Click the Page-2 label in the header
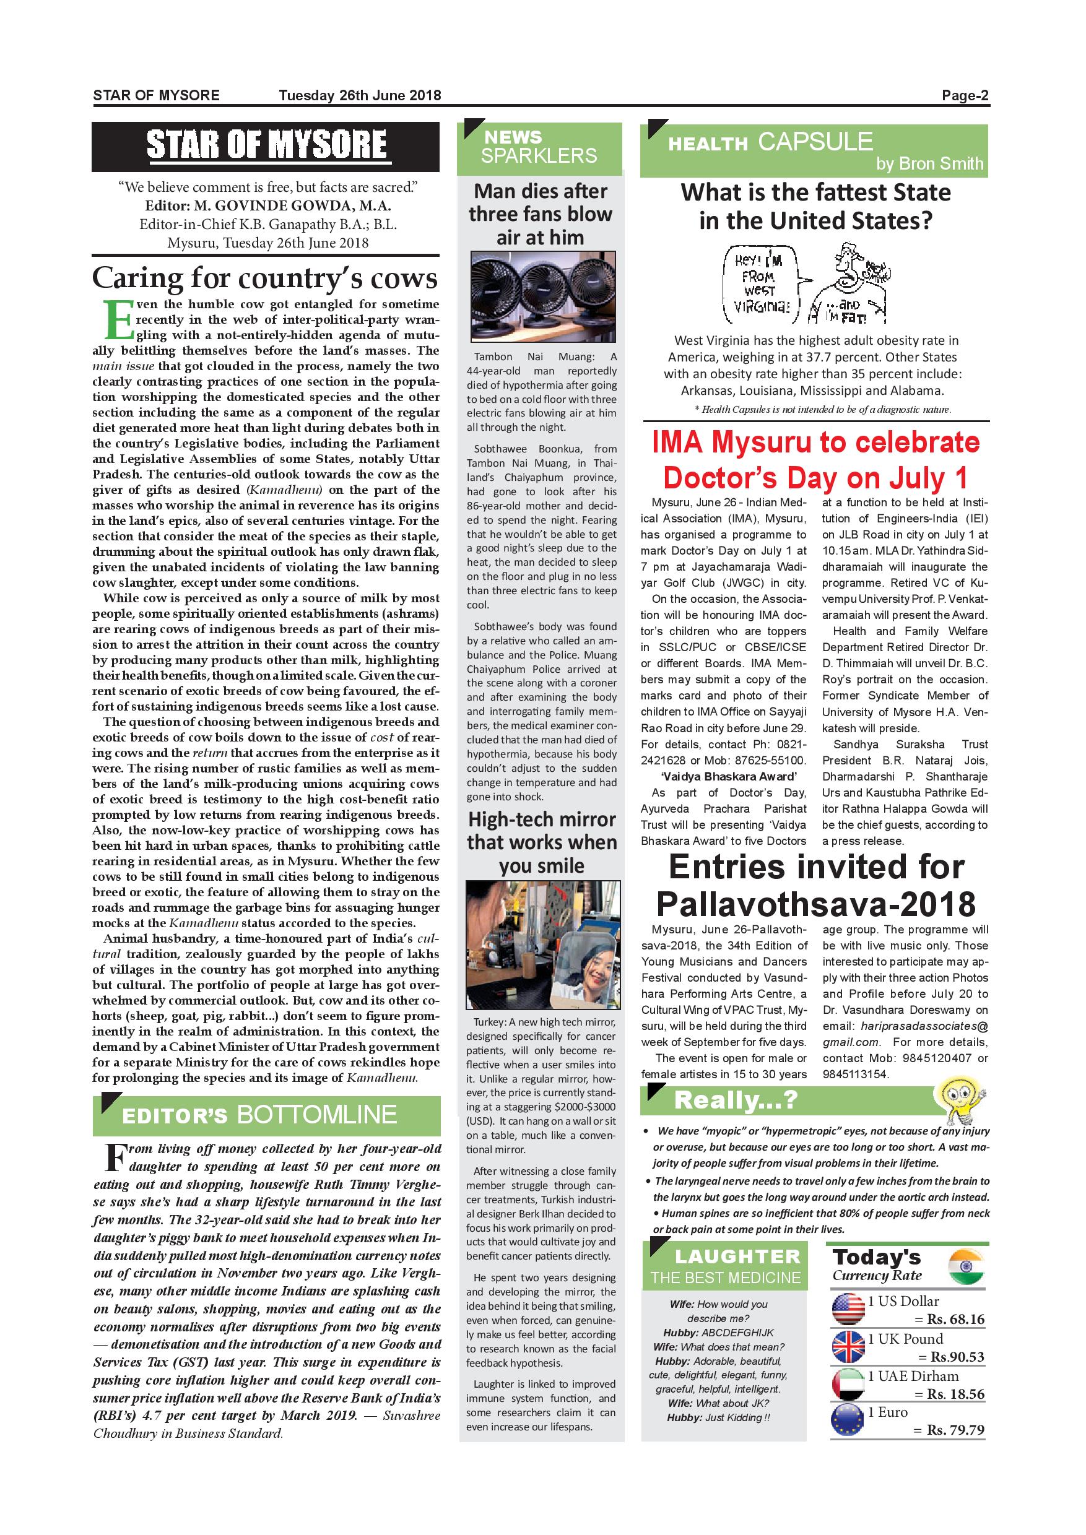[964, 95]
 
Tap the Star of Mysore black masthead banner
[266, 147]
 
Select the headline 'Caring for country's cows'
[265, 277]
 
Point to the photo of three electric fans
[542, 297]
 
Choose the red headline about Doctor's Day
[815, 460]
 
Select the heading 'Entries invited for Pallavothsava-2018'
[816, 885]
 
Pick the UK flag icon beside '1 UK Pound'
[848, 1346]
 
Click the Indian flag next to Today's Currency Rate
[967, 1267]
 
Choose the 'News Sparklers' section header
[539, 147]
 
